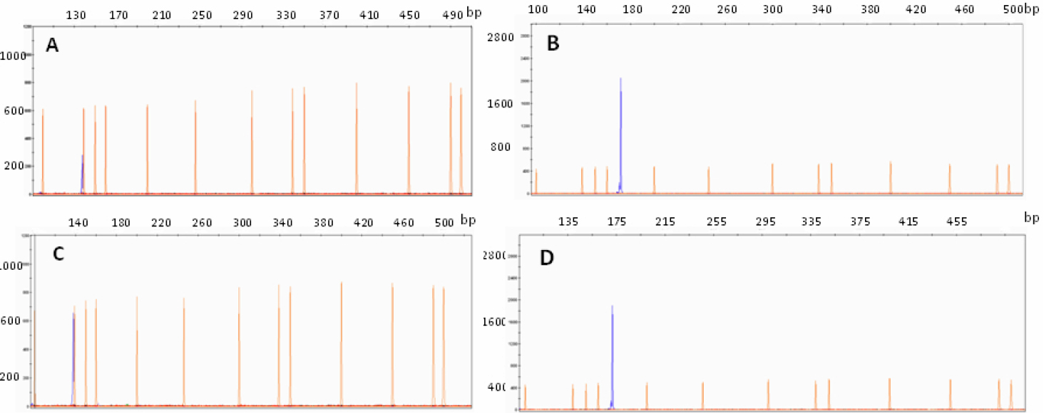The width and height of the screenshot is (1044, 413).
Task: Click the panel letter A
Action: tap(52, 46)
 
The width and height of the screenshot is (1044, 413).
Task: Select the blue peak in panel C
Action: tap(73, 356)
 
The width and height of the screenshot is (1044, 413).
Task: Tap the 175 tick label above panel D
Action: tap(616, 221)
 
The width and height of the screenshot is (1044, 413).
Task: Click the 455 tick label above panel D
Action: tap(956, 221)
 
